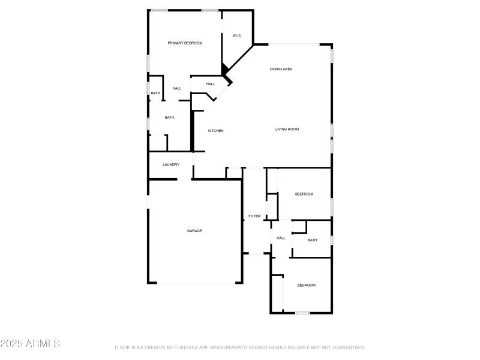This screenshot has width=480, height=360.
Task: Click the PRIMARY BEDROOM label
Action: [x=185, y=43]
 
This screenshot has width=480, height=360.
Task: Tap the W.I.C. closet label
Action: [x=237, y=36]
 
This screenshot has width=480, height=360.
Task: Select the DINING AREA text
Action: [x=281, y=70]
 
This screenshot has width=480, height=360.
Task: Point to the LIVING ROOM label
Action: [x=287, y=129]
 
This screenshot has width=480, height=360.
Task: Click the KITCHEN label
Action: [x=216, y=131]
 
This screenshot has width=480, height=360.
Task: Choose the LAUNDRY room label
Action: [x=171, y=165]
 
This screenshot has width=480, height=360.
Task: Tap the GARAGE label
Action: [x=194, y=231]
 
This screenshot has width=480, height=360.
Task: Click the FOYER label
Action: [x=254, y=216]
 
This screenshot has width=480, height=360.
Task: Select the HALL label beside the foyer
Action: [x=281, y=238]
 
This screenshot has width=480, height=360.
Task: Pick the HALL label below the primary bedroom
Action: [x=177, y=89]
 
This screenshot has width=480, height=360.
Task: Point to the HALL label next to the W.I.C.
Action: [x=211, y=84]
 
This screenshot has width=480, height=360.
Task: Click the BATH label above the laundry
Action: [x=169, y=118]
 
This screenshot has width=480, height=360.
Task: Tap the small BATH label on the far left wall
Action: [x=155, y=93]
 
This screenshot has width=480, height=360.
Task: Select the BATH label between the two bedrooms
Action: [x=312, y=241]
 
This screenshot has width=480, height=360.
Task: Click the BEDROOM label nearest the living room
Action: [x=304, y=194]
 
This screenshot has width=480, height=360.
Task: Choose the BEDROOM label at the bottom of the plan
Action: [x=306, y=285]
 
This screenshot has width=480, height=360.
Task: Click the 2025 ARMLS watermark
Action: [x=30, y=344]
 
